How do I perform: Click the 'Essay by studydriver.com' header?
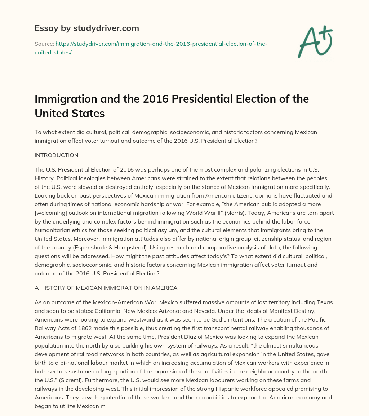87,28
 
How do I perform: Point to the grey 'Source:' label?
44,44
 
